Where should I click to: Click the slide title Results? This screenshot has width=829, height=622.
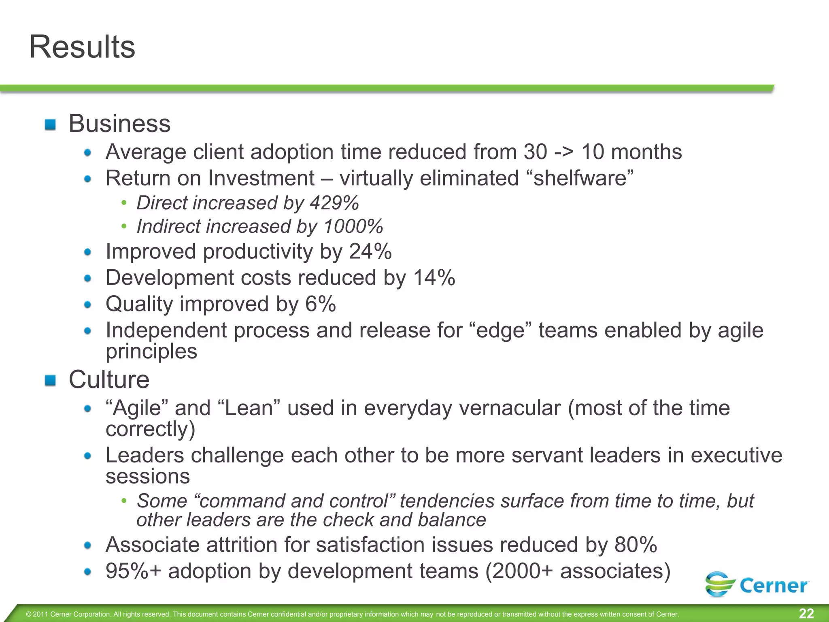click(82, 47)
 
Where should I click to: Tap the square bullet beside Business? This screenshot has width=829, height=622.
click(50, 124)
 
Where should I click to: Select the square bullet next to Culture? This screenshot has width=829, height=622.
click(50, 381)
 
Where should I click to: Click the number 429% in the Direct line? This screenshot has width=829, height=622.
click(334, 203)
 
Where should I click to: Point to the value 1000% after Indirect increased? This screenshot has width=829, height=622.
click(353, 226)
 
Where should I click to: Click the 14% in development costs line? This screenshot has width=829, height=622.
click(434, 278)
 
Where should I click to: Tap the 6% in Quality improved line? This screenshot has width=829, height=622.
click(320, 304)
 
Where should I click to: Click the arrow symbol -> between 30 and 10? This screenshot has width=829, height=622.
click(564, 152)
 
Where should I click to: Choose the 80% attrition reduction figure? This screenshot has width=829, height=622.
click(636, 545)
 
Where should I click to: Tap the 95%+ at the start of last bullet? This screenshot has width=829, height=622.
click(133, 571)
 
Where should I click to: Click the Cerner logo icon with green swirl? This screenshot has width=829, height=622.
click(720, 584)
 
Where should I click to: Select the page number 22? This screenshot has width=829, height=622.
click(806, 613)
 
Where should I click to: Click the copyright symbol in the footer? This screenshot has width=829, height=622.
click(28, 614)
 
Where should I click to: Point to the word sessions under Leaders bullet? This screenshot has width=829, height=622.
click(148, 476)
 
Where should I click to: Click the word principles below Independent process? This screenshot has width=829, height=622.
click(151, 351)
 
